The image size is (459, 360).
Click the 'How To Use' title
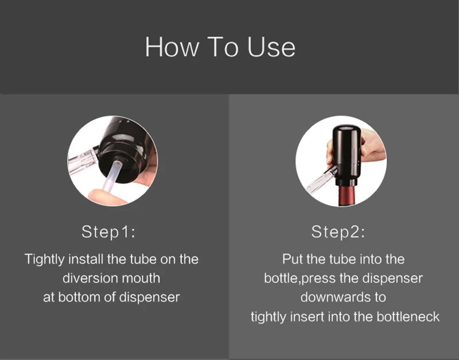pos(220,47)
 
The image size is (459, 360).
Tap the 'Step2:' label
pos(338,233)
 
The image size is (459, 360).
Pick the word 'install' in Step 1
pos(85,259)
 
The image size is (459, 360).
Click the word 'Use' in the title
pos(271,47)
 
